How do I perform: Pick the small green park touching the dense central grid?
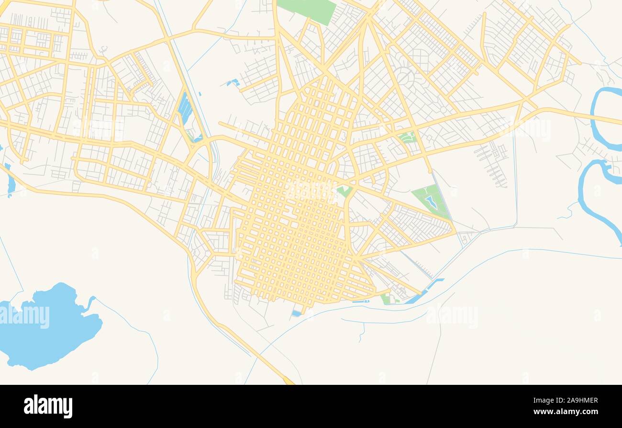[344, 191]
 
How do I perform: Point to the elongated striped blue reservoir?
[185, 108]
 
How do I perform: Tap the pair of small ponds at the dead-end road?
[233, 82]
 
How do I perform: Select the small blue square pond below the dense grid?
[297, 313]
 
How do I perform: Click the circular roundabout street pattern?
[405, 77]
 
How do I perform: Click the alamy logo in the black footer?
[48, 406]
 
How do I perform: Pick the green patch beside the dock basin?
[386, 299]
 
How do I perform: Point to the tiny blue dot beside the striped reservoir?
[199, 94]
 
